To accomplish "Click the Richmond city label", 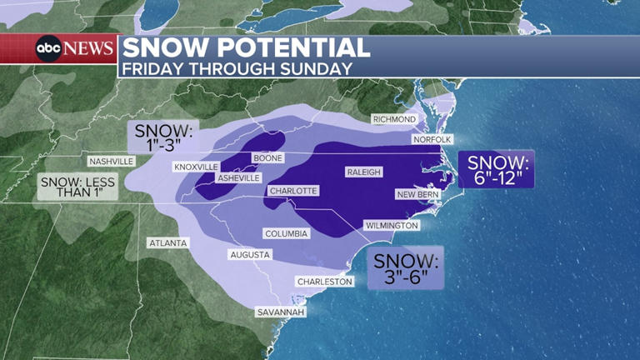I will point(393,119).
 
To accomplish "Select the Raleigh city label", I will point(363,172).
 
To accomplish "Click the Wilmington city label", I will point(392,225).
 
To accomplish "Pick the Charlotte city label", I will point(292,191).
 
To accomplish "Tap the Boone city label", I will point(267,158).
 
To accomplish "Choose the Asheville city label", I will point(239,177).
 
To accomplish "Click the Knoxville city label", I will point(196,167).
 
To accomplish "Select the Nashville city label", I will point(112,161).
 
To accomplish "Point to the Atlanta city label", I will point(168,243).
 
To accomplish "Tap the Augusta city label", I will point(250,254).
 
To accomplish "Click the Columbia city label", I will point(287,233).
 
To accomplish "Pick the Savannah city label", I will point(281,312).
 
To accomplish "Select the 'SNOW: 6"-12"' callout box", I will point(496,169).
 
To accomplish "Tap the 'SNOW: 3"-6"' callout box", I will point(405,267).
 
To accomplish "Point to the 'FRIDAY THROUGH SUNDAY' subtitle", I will point(237,68).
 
